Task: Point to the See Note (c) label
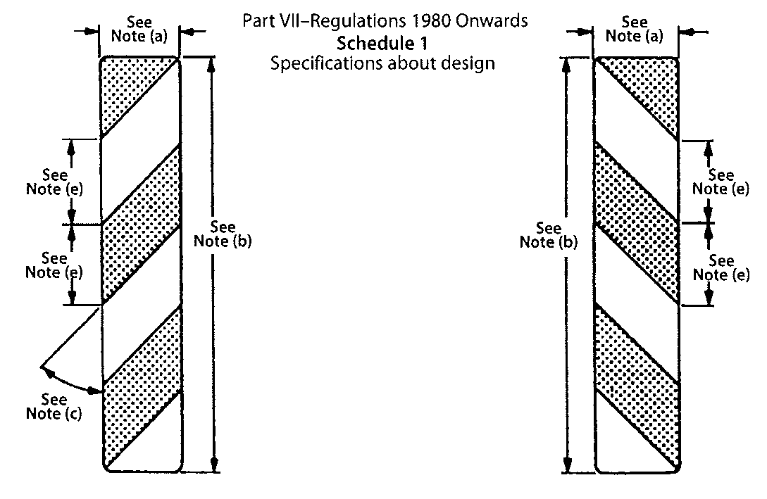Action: pyautogui.click(x=54, y=407)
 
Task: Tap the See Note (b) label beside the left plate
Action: pyautogui.click(x=223, y=234)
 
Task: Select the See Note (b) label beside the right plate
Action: pyautogui.click(x=549, y=235)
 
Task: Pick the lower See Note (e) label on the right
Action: pyautogui.click(x=721, y=268)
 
